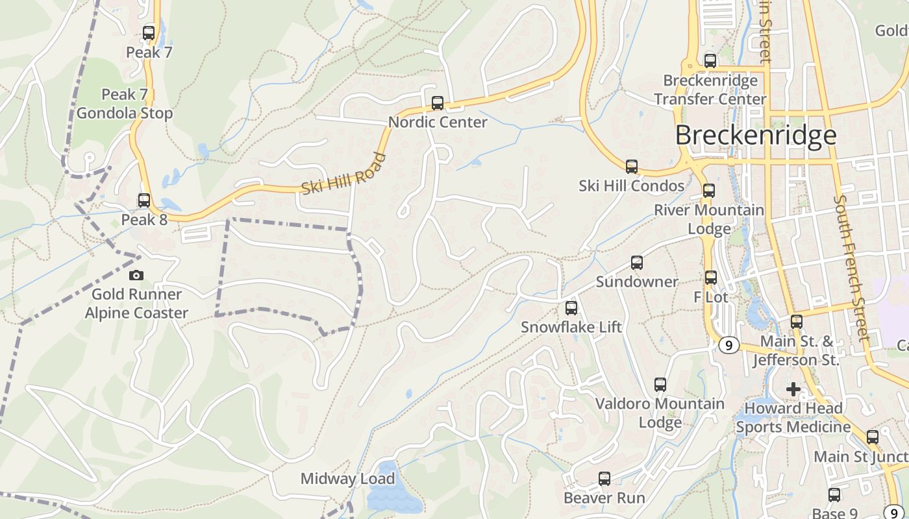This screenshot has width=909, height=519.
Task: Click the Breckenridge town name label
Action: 756,135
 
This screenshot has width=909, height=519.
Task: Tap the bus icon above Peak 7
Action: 149,32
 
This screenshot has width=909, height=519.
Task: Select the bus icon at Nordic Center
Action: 438,103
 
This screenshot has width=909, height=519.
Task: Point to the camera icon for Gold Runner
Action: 136,276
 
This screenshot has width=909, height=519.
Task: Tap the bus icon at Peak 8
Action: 144,200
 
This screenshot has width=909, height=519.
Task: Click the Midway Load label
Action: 347,479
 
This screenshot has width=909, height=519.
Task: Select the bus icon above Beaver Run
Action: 604,479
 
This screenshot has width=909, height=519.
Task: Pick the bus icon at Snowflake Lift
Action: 571,308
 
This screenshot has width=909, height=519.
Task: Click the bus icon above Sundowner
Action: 637,263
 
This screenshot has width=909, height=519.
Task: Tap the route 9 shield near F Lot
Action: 728,345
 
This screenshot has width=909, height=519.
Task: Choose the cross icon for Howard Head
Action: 793,389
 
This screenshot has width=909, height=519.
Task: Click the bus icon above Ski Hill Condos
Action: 631,167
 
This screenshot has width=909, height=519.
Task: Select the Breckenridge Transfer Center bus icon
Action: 710,61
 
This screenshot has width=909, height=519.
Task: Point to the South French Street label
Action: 853,267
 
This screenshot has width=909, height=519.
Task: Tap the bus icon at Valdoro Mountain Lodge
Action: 660,385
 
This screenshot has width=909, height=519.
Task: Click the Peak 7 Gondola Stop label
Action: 125,104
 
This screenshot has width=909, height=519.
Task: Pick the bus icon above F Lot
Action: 711,278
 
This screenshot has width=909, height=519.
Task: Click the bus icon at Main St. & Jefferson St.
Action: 797,321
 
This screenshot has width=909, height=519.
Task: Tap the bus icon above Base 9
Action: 834,495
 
